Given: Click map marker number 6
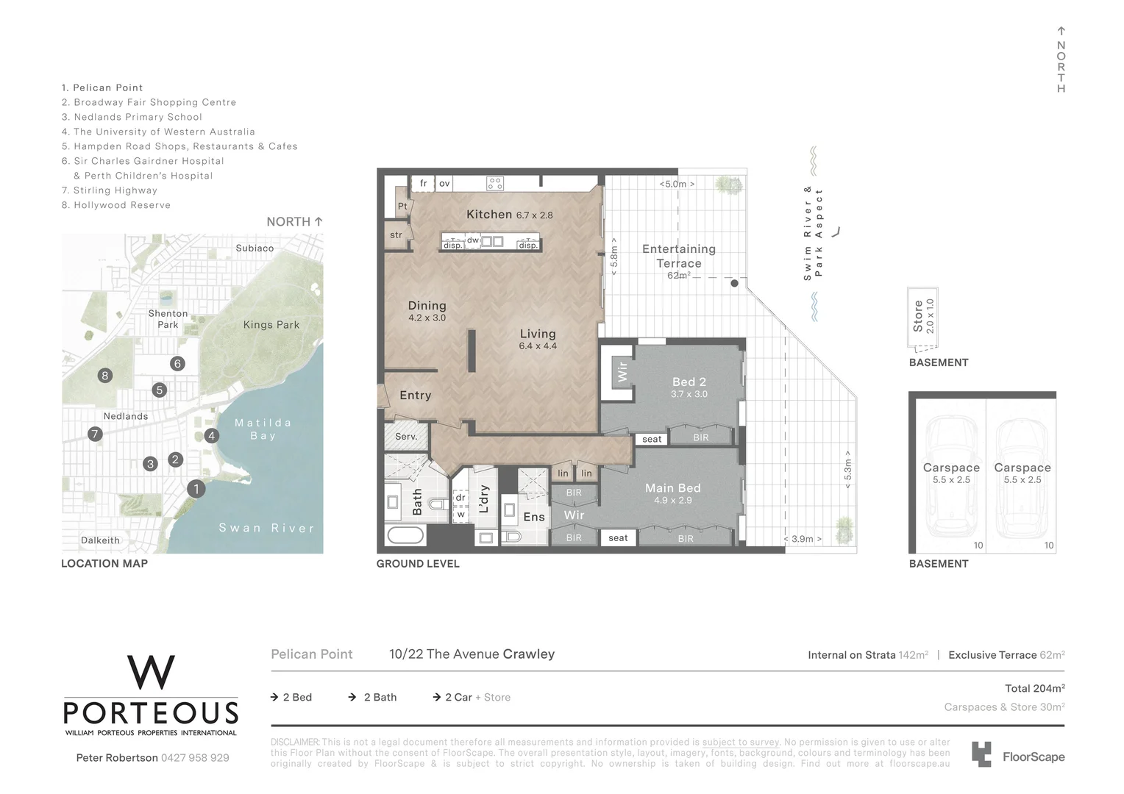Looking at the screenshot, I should click(177, 363).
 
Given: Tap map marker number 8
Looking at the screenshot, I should click(105, 376).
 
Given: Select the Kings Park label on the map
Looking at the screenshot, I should click(271, 325).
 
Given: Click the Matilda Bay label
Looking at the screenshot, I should click(263, 429).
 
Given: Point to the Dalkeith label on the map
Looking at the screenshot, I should click(100, 540).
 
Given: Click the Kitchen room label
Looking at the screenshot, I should click(489, 215).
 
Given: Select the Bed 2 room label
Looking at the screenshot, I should click(689, 382).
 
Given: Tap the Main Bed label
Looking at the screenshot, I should click(672, 488).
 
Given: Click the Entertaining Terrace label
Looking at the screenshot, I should click(678, 256).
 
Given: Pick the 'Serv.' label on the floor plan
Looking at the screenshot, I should click(406, 437).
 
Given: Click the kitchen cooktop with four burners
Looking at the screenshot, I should click(495, 184).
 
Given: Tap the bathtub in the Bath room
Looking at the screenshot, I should click(405, 534).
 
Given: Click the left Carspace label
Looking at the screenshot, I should click(951, 468).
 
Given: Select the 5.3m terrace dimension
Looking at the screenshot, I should click(847, 470).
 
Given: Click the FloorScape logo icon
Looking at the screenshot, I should click(981, 755).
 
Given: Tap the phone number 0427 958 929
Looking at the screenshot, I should click(195, 758).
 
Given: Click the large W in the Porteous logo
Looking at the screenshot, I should click(151, 673).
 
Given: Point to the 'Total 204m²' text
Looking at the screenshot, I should click(1034, 689).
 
